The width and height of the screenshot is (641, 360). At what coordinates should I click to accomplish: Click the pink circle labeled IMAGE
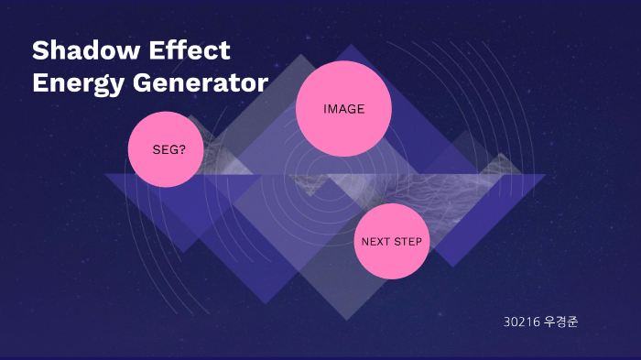pos(343,109)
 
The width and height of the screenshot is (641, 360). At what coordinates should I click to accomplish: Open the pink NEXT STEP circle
pos(391,242)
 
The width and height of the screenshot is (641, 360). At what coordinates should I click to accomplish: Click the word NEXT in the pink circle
pos(375,242)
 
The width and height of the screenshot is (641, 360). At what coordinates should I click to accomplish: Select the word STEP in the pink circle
pos(408,242)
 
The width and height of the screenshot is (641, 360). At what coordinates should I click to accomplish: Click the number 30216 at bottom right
pos(520,322)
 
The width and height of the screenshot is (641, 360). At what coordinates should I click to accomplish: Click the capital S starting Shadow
pos(40,49)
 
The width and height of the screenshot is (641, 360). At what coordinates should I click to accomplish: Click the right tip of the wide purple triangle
pos(545,175)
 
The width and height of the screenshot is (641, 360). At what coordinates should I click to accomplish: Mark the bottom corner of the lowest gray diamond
pos(345,320)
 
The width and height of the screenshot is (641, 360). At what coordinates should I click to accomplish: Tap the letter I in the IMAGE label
pos(325,109)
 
